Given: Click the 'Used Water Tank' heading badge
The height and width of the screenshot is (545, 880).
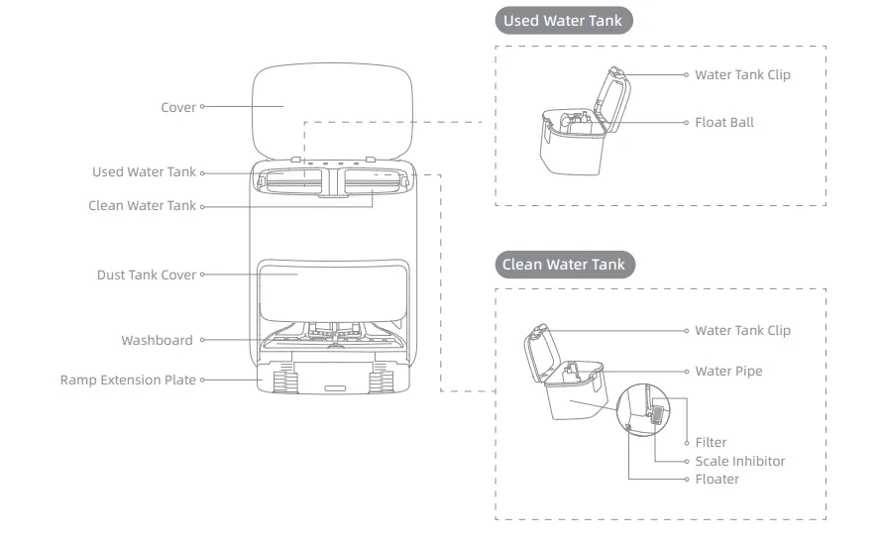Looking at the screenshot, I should [563, 21].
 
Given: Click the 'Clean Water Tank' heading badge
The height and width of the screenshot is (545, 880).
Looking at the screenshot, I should [564, 265].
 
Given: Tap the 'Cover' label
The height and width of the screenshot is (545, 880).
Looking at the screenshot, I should [178, 107].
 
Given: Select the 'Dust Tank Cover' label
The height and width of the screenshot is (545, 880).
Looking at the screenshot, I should [147, 274].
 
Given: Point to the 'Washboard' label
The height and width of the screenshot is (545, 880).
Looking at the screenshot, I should [157, 340].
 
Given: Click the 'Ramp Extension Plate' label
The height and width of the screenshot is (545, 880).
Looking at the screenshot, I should [128, 380].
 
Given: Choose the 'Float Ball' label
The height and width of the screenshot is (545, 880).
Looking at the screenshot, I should [723, 122].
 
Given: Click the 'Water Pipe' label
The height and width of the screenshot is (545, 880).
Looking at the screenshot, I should [728, 371].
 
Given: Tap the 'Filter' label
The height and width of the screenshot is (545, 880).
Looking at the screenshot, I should [711, 442].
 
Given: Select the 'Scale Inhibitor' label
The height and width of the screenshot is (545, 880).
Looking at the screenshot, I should [739, 461].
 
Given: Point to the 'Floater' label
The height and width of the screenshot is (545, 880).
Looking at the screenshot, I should [716, 479].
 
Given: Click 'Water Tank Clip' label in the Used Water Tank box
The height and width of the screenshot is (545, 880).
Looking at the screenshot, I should [742, 74].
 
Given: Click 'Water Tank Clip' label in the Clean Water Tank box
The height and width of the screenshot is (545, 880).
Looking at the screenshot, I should [742, 330].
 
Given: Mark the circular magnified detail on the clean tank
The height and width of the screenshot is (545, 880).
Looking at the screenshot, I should [642, 407].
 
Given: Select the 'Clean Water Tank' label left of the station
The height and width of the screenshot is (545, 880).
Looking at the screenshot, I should [142, 206].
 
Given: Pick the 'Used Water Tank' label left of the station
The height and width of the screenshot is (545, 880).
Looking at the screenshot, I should [144, 171].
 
